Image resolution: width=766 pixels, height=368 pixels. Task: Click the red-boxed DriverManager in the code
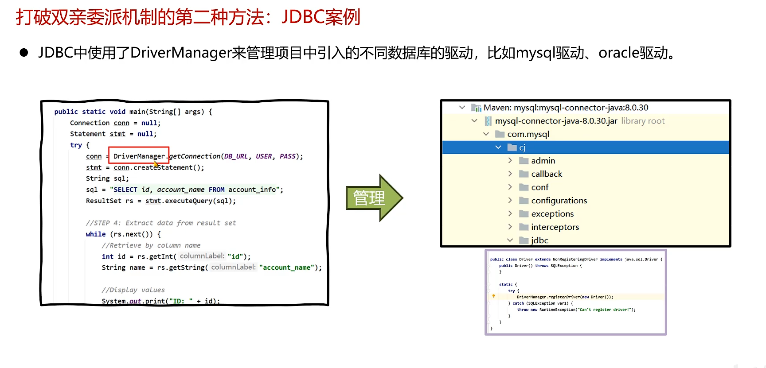pos(139,156)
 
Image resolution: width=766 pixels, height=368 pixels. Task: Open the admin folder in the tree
pos(543,161)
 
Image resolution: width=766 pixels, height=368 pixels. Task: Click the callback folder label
pos(547,174)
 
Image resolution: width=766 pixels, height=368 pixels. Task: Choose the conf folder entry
pos(539,187)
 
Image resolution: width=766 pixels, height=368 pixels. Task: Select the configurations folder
pos(559,201)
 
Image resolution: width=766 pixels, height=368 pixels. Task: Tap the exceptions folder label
pos(552,214)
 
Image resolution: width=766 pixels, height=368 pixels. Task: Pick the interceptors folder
pos(555,227)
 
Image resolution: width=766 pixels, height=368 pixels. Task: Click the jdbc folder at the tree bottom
pos(539,240)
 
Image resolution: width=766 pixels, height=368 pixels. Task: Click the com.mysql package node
pos(528,134)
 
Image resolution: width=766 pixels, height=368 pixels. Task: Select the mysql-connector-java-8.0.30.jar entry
pos(556,121)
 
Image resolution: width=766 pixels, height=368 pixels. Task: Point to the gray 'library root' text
pos(643,121)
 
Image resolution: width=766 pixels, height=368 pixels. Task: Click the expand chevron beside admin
pos(510,161)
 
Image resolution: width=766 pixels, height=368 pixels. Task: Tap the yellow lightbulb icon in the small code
pos(493,296)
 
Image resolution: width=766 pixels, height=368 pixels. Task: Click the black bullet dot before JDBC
pos(24,53)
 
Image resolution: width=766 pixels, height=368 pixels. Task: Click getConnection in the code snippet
pos(195,156)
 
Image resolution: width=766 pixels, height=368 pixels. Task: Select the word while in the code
pos(96,234)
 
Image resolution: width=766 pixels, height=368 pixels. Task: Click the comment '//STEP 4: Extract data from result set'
pos(161,223)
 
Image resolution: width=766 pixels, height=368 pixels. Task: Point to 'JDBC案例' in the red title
pos(320,17)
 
